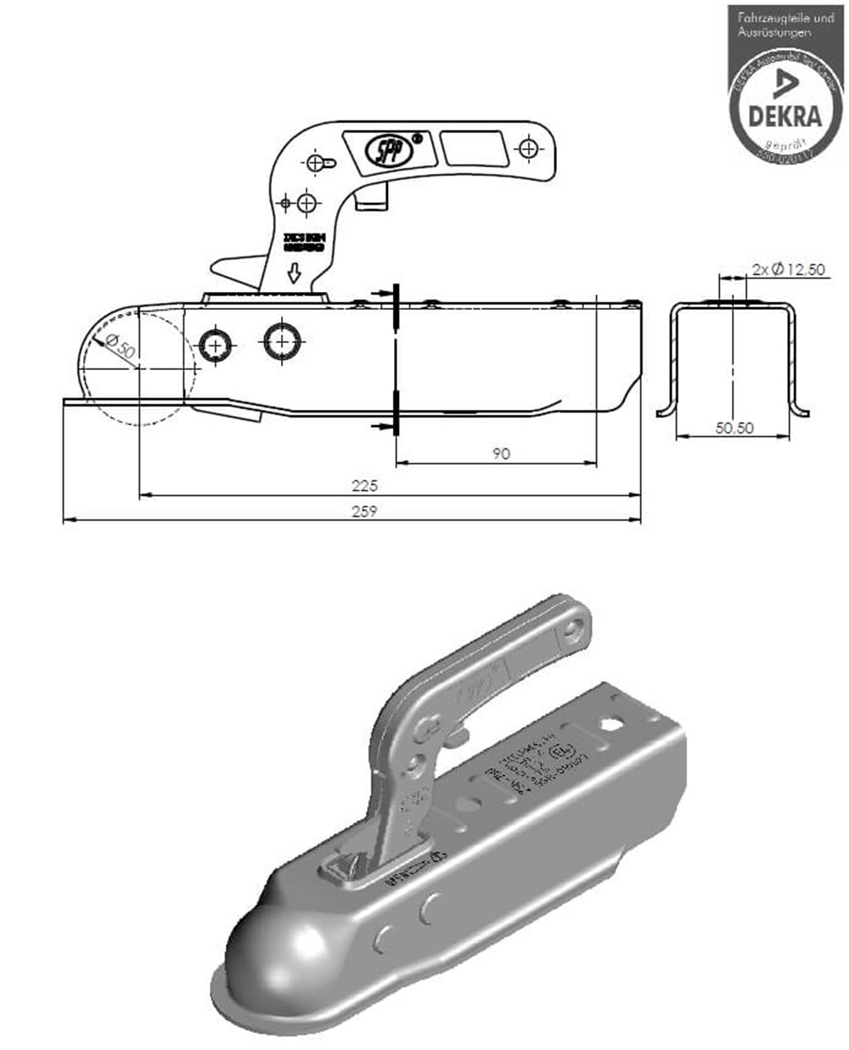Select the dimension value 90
click(x=501, y=453)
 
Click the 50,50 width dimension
click(x=734, y=428)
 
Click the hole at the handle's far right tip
click(x=530, y=149)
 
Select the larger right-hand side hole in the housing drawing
click(x=280, y=341)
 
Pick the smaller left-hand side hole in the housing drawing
click(x=216, y=344)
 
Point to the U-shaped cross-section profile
click(x=734, y=357)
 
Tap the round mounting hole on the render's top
click(x=610, y=724)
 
